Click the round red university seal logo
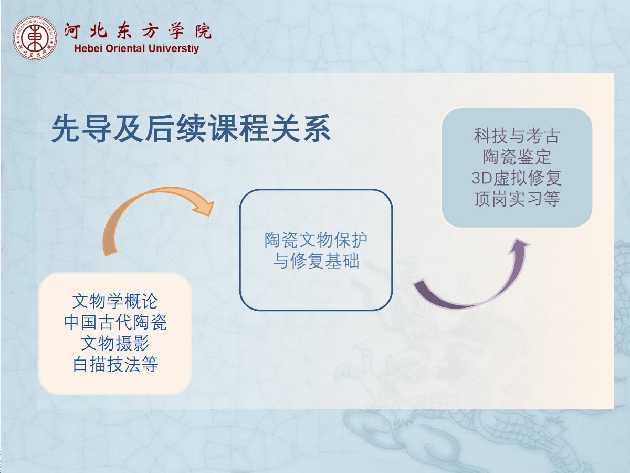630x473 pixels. (35, 38)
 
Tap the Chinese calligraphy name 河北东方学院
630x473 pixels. (138, 30)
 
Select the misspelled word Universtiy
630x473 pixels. (174, 48)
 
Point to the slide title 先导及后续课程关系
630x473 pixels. (191, 128)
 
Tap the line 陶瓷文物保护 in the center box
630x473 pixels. (316, 240)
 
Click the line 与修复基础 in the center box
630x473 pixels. (316, 261)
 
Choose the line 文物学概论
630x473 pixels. (115, 301)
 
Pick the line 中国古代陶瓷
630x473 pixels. (115, 322)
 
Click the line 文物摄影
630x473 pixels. (115, 343)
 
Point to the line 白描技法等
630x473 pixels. (115, 364)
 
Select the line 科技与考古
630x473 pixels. (517, 136)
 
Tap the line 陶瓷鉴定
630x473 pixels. (517, 157)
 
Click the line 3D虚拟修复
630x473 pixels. (517, 178)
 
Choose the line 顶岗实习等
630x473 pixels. (517, 199)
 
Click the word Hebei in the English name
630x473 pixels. (88, 48)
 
